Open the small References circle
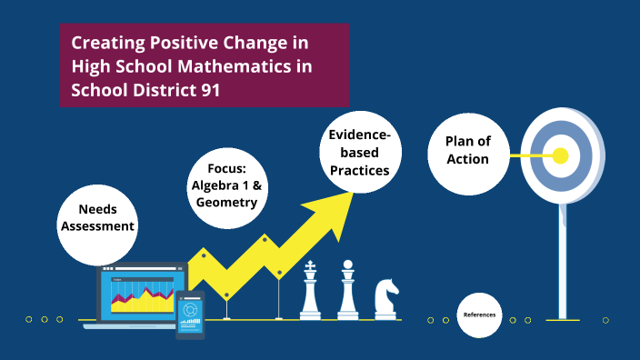(x=479, y=315)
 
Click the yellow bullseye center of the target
(x=560, y=155)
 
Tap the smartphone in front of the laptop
(x=190, y=315)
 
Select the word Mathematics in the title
(x=215, y=66)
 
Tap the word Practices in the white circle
(x=360, y=170)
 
